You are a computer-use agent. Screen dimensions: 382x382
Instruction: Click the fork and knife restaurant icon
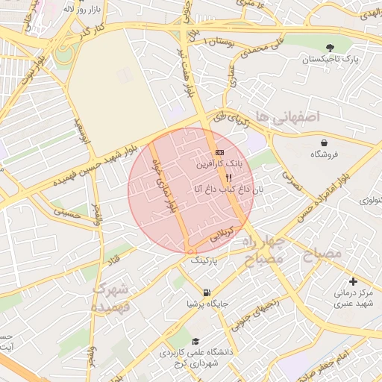pos(229,178)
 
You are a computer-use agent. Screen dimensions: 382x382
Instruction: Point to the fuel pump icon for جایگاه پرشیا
pos(207,292)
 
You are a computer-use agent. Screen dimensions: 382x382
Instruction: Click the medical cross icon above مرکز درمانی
pos(353,281)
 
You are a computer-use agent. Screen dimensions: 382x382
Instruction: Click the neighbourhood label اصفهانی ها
pos(286,116)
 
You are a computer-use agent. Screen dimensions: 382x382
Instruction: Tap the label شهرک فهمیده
pos(112,297)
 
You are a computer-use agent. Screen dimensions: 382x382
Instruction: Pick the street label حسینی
pos(65,213)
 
